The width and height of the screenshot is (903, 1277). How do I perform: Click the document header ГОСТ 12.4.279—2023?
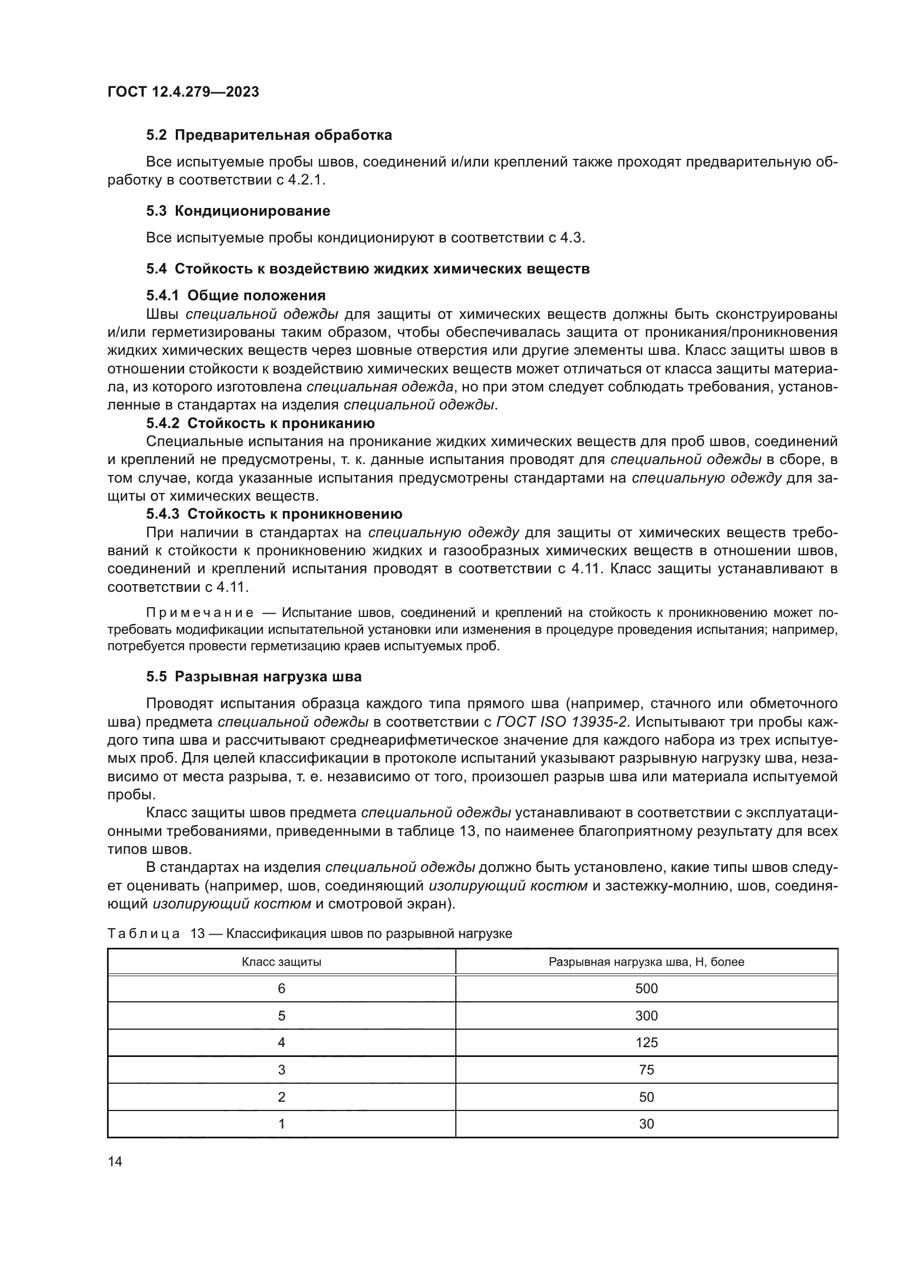(x=183, y=92)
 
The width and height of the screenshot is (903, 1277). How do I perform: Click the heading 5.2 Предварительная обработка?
(x=269, y=135)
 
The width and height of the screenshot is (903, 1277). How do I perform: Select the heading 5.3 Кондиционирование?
(x=238, y=211)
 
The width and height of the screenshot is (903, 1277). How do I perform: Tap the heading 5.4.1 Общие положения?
(x=236, y=295)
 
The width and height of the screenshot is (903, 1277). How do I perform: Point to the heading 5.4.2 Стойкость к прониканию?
(x=260, y=423)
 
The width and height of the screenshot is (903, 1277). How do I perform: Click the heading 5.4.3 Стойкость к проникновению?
(x=274, y=513)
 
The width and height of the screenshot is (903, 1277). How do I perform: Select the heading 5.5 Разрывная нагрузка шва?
(x=253, y=676)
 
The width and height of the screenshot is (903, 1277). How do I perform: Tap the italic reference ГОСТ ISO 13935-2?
(x=561, y=722)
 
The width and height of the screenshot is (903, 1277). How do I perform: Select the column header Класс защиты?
(x=281, y=961)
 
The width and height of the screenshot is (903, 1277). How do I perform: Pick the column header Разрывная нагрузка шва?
(x=646, y=961)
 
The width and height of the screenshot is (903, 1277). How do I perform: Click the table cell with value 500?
(x=646, y=988)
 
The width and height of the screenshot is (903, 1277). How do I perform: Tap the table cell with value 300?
(x=646, y=1015)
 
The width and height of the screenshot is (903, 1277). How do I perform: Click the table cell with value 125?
(x=646, y=1042)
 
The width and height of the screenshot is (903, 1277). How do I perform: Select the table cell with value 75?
(x=646, y=1070)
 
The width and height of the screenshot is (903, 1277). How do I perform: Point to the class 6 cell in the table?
(x=281, y=988)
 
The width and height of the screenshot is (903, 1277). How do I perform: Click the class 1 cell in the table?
(x=281, y=1124)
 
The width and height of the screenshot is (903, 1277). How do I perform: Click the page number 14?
(x=115, y=1161)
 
